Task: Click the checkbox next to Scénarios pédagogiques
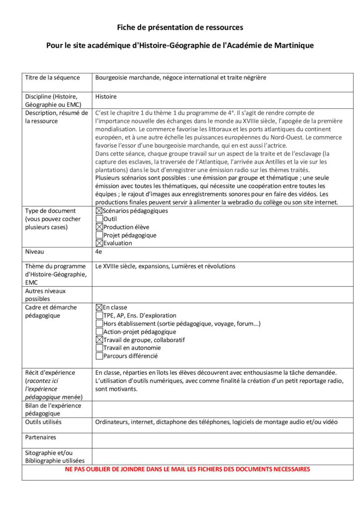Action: point(99,211)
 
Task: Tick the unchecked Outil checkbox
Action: point(99,219)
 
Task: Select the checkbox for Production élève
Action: point(99,227)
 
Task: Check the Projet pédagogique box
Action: point(99,235)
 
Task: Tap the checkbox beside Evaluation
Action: point(99,243)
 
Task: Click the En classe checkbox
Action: point(99,308)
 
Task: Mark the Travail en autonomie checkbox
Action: point(99,348)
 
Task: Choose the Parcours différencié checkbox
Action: point(99,356)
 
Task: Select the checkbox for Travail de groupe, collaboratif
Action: point(99,340)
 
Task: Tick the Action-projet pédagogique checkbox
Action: point(99,332)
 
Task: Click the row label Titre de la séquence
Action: point(52,78)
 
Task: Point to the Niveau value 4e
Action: point(98,252)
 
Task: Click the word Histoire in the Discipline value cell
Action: point(106,97)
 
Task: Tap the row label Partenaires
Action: point(40,437)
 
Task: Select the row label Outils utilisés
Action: point(43,422)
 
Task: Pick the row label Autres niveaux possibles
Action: point(45,295)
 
